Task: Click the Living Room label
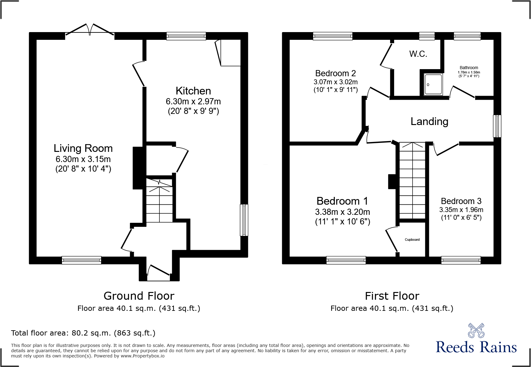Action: pyautogui.click(x=83, y=148)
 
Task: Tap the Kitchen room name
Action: pyautogui.click(x=193, y=91)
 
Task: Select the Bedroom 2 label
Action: pyautogui.click(x=335, y=73)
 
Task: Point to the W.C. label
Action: pyautogui.click(x=418, y=54)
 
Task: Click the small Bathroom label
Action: pyautogui.click(x=469, y=68)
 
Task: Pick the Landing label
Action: pyautogui.click(x=429, y=122)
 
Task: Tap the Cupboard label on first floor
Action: pyautogui.click(x=412, y=240)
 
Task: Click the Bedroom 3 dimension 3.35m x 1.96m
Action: pyautogui.click(x=461, y=210)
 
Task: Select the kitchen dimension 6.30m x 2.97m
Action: pyautogui.click(x=193, y=102)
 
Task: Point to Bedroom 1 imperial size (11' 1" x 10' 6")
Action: pyautogui.click(x=343, y=222)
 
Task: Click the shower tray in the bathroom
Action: pyautogui.click(x=433, y=84)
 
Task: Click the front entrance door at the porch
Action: pyautogui.click(x=158, y=273)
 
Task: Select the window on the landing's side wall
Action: pyautogui.click(x=497, y=126)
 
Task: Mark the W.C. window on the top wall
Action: pyautogui.click(x=427, y=36)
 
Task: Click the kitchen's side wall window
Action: pyautogui.click(x=244, y=220)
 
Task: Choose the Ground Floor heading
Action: pyautogui.click(x=139, y=296)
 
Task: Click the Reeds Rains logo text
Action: pyautogui.click(x=476, y=347)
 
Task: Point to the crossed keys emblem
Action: pyautogui.click(x=476, y=331)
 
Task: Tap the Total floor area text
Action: pyautogui.click(x=83, y=333)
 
